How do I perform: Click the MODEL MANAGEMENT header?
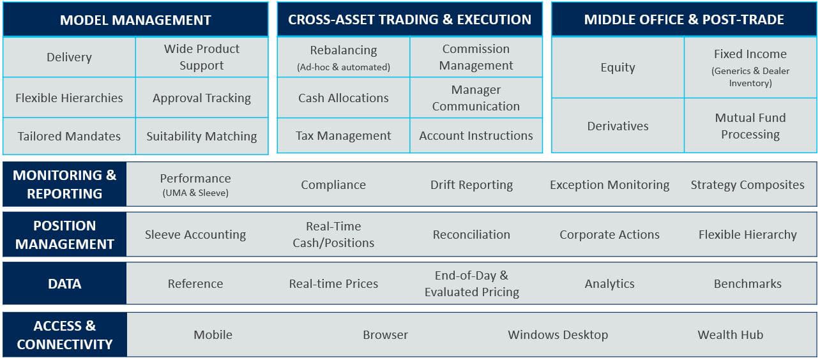pyautogui.click(x=135, y=19)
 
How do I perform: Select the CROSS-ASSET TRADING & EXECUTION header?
pyautogui.click(x=409, y=19)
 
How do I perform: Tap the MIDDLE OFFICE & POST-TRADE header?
pyautogui.click(x=684, y=19)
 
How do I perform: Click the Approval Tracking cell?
pyautogui.click(x=202, y=98)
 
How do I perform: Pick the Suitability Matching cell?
pyautogui.click(x=202, y=136)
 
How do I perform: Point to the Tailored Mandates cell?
pyautogui.click(x=69, y=136)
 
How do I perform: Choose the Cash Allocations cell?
pyautogui.click(x=344, y=98)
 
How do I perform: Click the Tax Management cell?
pyautogui.click(x=344, y=135)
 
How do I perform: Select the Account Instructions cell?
pyautogui.click(x=476, y=135)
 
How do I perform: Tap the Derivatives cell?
pyautogui.click(x=618, y=126)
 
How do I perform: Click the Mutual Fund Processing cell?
pyautogui.click(x=750, y=126)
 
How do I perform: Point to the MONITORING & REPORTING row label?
pyautogui.click(x=65, y=184)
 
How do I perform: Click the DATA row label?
pyautogui.click(x=65, y=283)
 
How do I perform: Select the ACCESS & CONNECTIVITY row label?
pyautogui.click(x=65, y=334)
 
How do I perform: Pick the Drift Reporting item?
pyautogui.click(x=471, y=184)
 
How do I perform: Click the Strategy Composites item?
pyautogui.click(x=748, y=184)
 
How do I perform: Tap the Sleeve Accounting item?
pyautogui.click(x=195, y=234)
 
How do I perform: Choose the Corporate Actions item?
pyautogui.click(x=609, y=234)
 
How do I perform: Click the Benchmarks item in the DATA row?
pyautogui.click(x=748, y=283)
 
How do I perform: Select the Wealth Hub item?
pyautogui.click(x=731, y=334)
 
